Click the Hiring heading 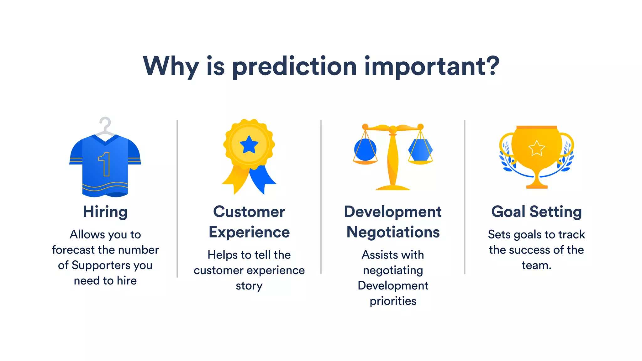[105, 212]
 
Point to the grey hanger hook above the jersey [106, 124]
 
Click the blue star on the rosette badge [249, 145]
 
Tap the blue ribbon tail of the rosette [263, 180]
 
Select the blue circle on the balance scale [365, 150]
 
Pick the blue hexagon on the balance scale [420, 150]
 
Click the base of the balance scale [393, 188]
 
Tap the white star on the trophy [537, 148]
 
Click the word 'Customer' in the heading [249, 212]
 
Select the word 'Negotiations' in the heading [393, 232]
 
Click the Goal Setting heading [536, 212]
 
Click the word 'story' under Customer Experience [249, 286]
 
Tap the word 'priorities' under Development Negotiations [393, 301]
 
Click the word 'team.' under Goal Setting [536, 265]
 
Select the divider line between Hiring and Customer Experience [177, 199]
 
